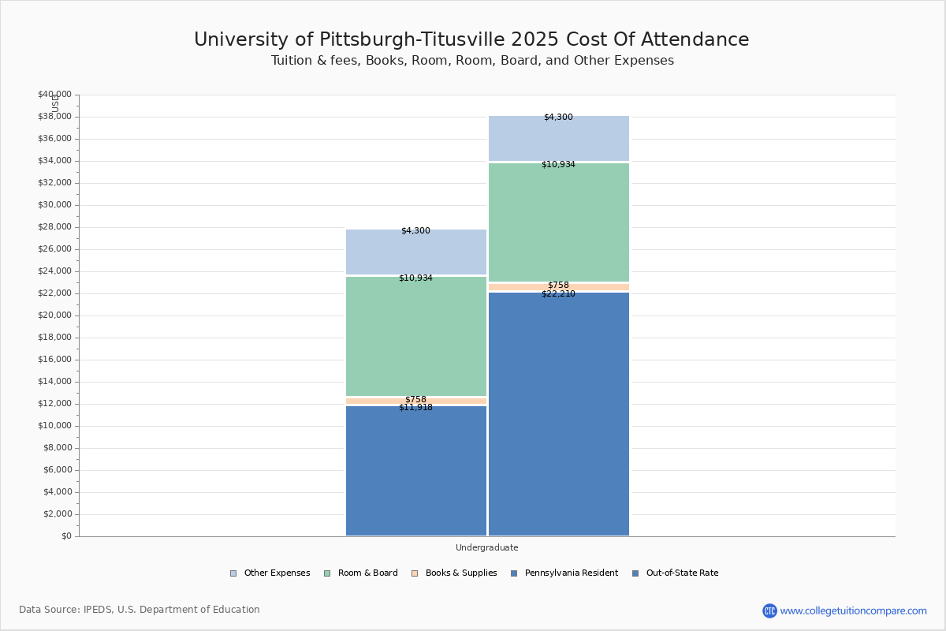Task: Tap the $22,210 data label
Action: pyautogui.click(x=558, y=294)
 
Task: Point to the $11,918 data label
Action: pyautogui.click(x=415, y=408)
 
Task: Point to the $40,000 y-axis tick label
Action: pyautogui.click(x=54, y=95)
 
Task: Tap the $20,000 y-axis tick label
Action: pyautogui.click(x=54, y=315)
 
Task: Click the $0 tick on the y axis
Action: pyautogui.click(x=65, y=536)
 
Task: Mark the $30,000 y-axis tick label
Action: pyautogui.click(x=54, y=205)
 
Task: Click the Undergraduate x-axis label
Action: pyautogui.click(x=486, y=547)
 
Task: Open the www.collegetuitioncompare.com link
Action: pyautogui.click(x=853, y=610)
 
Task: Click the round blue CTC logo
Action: pyautogui.click(x=769, y=610)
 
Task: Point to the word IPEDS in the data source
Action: pyautogui.click(x=99, y=610)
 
